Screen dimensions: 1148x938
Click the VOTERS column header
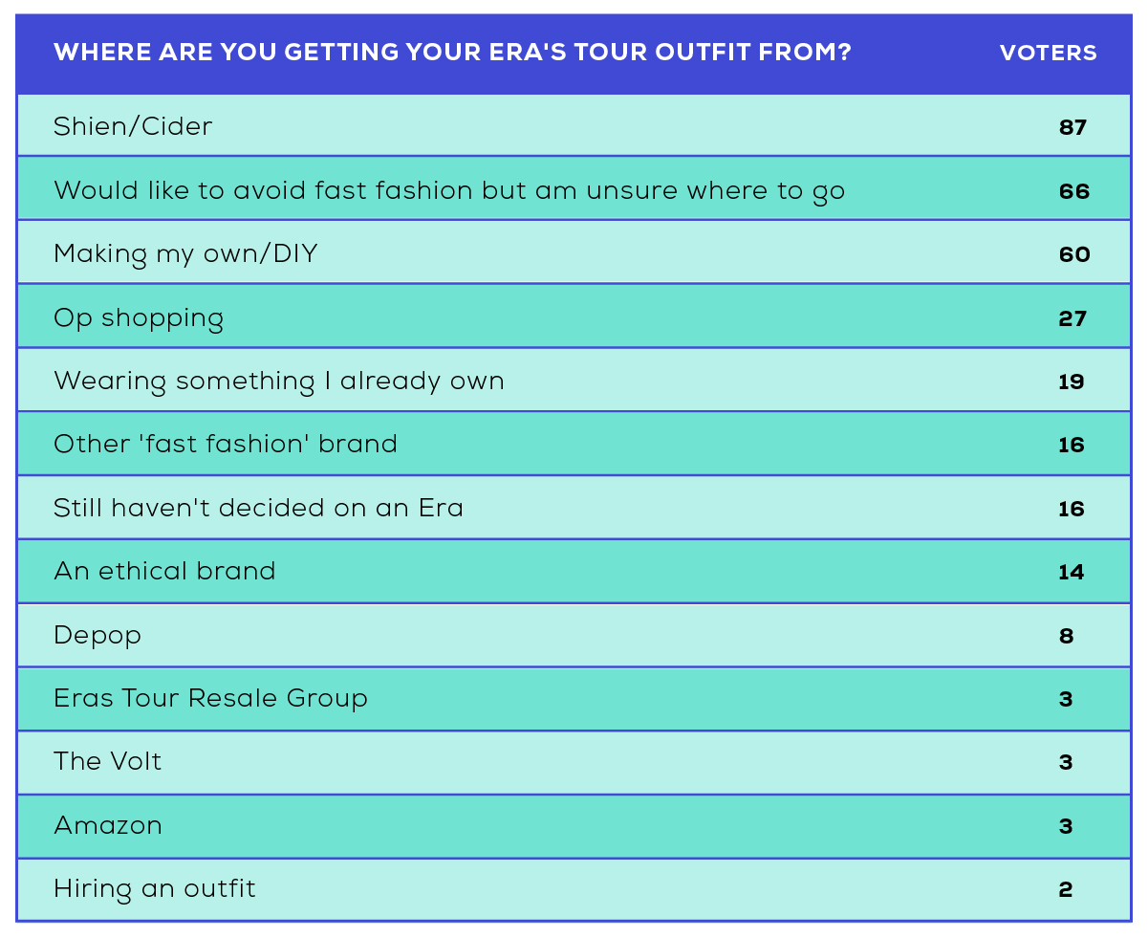click(x=1048, y=53)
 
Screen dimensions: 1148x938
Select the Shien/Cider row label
click(x=133, y=126)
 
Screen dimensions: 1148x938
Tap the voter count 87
click(x=1072, y=127)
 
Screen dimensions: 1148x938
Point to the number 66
click(x=1074, y=191)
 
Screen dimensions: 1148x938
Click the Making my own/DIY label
click(x=185, y=254)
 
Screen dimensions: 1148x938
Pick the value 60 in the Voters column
click(x=1074, y=254)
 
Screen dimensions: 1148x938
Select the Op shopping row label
click(x=139, y=318)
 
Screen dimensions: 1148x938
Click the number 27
click(x=1072, y=318)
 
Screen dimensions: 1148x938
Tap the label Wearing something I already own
click(x=279, y=382)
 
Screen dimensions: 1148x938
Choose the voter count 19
click(x=1071, y=382)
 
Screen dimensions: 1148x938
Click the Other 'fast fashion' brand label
click(x=226, y=444)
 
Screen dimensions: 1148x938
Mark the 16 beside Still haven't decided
click(x=1072, y=509)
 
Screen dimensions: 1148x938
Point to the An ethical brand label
click(x=164, y=571)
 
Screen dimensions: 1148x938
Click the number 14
click(x=1071, y=572)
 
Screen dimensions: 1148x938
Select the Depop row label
click(x=97, y=636)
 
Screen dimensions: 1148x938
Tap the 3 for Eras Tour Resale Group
click(x=1066, y=699)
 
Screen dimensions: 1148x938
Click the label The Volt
click(x=107, y=761)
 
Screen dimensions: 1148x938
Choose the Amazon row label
click(x=108, y=826)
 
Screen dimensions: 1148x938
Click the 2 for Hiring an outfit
click(x=1066, y=889)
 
